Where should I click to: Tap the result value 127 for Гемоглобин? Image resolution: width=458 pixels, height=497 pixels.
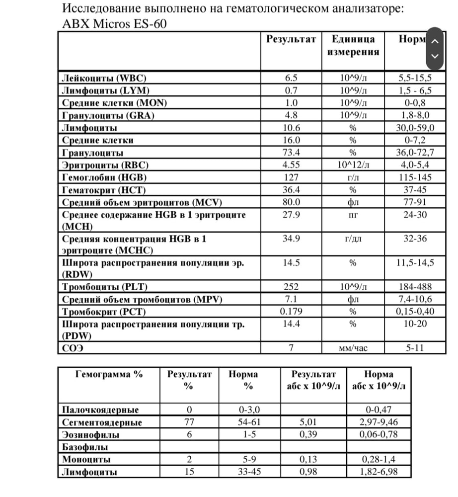(x=292, y=177)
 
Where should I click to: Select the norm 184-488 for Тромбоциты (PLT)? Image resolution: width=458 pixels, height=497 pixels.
(x=415, y=287)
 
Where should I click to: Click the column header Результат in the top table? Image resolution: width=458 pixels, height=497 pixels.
(x=291, y=40)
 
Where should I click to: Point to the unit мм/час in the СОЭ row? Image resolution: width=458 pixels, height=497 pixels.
(x=353, y=348)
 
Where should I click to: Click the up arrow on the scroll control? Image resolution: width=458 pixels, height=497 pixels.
(x=435, y=41)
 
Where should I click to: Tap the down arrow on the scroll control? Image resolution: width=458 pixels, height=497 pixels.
(x=435, y=56)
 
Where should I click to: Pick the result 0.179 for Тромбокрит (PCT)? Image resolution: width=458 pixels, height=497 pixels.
(x=292, y=312)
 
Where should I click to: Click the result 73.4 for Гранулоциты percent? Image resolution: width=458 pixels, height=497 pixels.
(x=292, y=153)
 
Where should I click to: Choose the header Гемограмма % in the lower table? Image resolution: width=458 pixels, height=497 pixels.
(x=109, y=374)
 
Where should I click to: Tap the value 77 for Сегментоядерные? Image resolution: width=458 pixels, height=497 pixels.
(x=189, y=422)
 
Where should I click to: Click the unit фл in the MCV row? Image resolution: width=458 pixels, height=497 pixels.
(x=353, y=202)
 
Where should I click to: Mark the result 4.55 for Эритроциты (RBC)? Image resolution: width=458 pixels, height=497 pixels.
(x=292, y=165)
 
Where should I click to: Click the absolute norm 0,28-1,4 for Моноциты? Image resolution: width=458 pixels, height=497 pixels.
(x=379, y=459)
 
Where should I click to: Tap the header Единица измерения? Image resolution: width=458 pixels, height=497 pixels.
(x=353, y=45)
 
